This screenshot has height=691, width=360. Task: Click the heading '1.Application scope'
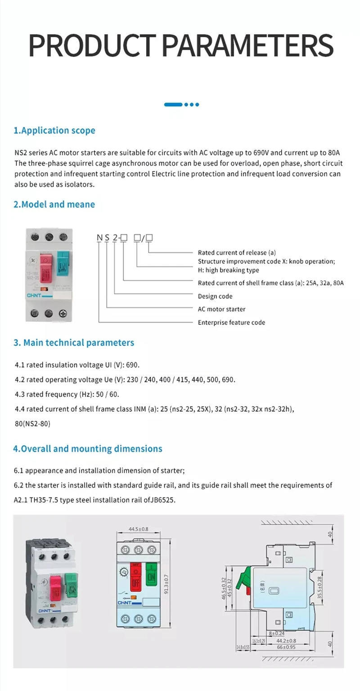point(54,131)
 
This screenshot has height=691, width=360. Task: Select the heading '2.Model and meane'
point(54,204)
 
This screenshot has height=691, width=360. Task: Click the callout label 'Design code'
point(215,296)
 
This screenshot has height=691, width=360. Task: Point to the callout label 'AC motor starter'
point(221,309)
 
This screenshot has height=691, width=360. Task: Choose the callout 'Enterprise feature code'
point(231,322)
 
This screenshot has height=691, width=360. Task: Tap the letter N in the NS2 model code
point(99,238)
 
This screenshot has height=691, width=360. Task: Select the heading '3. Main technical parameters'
point(74,343)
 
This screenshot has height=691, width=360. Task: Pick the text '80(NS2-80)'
point(32,424)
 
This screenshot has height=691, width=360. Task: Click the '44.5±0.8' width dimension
point(139,529)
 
